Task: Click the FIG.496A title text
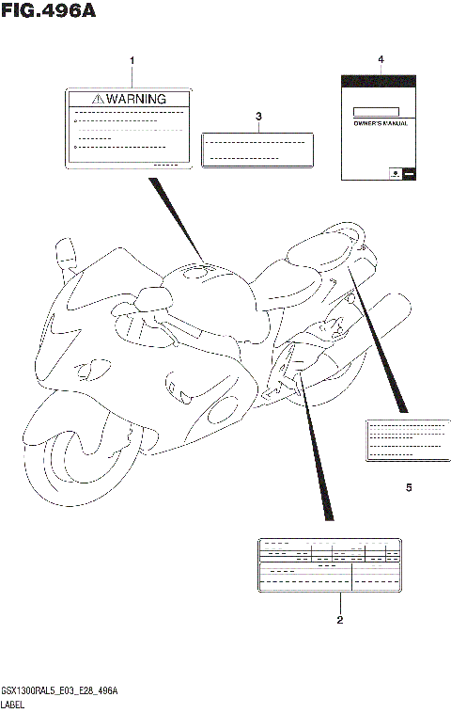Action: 49,12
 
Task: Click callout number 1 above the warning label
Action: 132,61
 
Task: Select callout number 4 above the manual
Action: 381,59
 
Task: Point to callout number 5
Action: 409,488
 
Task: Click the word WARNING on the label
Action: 136,99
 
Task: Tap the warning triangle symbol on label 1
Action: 98,99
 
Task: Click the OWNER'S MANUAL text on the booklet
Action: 380,124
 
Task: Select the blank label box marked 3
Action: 257,149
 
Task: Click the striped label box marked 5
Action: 405,439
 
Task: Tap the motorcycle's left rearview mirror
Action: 65,252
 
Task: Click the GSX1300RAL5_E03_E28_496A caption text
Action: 65,691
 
